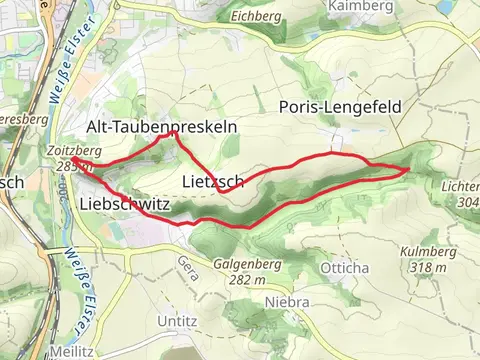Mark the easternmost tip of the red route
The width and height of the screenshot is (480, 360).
409,170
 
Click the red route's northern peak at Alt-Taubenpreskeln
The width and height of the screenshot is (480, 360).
174,132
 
